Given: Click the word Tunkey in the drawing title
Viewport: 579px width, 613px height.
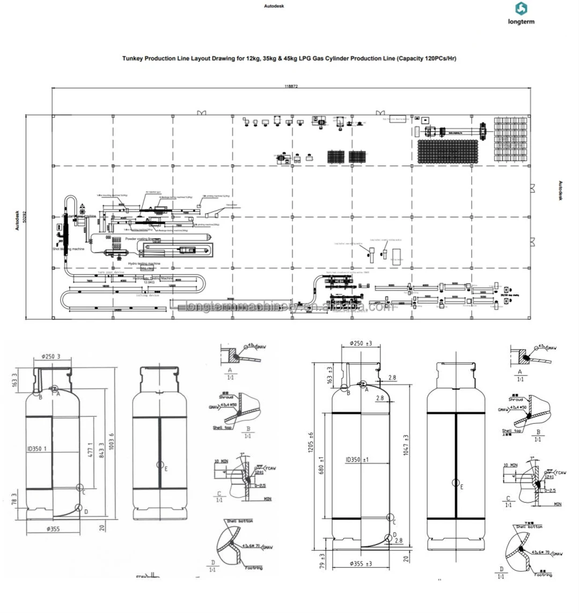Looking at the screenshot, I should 133,59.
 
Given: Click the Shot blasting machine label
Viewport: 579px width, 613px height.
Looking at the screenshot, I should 69,249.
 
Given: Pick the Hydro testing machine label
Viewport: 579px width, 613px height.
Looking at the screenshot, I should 144,264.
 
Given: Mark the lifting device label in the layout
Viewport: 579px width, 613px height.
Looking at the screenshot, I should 148,295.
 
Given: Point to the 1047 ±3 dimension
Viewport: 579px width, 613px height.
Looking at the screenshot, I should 406,445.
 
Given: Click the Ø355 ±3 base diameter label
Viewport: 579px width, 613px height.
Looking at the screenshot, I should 361,564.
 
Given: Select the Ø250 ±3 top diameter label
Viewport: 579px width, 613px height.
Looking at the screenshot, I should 361,343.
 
